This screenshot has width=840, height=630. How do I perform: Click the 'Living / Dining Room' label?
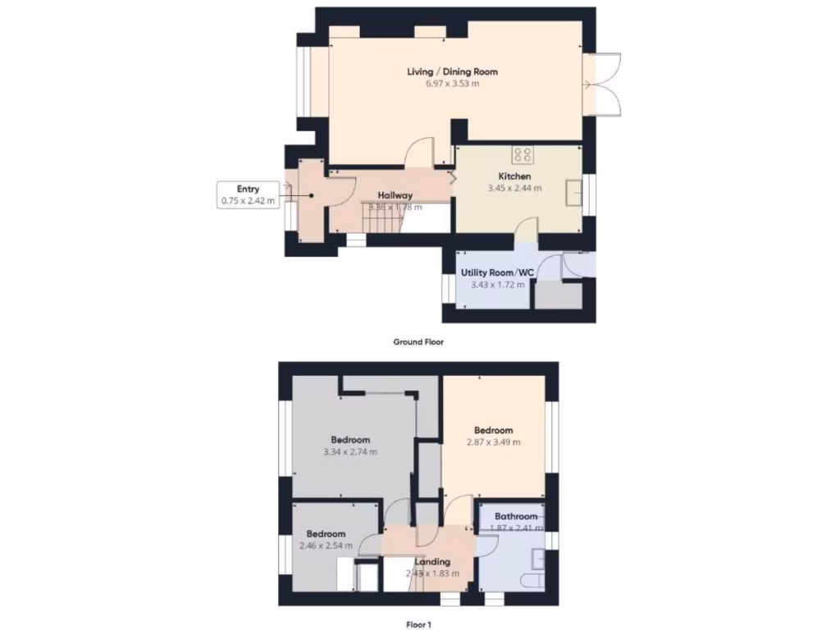click(x=452, y=71)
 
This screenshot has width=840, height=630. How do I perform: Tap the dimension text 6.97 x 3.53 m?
click(x=452, y=84)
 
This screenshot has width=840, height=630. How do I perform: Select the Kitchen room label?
click(x=515, y=176)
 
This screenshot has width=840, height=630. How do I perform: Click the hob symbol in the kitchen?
click(x=523, y=154)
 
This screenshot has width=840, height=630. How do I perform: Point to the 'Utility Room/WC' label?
click(x=497, y=272)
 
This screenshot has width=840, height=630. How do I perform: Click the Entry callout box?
click(x=248, y=195)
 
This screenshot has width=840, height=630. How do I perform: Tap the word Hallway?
click(x=395, y=195)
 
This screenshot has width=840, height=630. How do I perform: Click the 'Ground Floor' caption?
click(x=418, y=342)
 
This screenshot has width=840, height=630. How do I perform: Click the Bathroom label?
click(x=516, y=516)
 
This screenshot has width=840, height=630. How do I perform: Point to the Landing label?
click(x=431, y=562)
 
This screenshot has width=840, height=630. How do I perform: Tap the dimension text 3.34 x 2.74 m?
click(x=350, y=452)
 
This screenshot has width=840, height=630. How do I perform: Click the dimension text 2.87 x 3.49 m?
click(x=493, y=442)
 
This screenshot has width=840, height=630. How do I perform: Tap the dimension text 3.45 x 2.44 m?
click(x=515, y=189)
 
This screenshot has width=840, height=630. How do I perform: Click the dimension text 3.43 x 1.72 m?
click(x=497, y=285)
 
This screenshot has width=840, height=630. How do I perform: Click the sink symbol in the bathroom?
click(x=537, y=559)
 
